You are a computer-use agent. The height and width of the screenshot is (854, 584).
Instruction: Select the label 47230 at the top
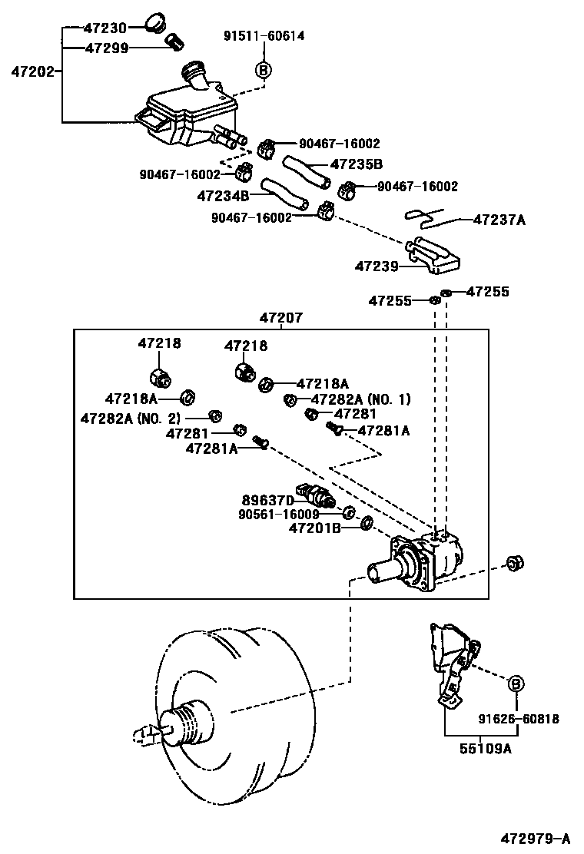click(105, 28)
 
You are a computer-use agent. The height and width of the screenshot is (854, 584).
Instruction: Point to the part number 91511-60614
click(264, 37)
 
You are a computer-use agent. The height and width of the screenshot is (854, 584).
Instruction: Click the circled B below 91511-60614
click(264, 70)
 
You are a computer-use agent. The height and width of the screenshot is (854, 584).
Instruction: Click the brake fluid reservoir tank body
click(184, 115)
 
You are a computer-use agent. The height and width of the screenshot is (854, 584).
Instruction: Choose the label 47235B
click(357, 164)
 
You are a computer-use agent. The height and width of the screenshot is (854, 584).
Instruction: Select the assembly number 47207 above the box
click(280, 317)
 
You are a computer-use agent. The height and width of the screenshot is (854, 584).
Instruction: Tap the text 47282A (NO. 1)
click(361, 399)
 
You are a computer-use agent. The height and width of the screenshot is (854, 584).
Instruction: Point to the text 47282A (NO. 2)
click(131, 418)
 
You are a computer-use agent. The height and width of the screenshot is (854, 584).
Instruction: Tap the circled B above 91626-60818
click(516, 684)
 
